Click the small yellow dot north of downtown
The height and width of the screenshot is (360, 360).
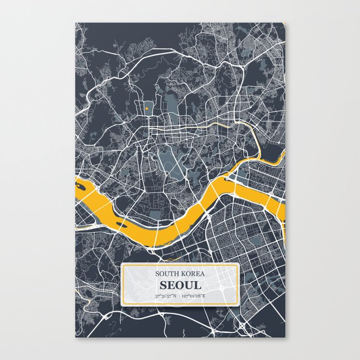pos(147,109)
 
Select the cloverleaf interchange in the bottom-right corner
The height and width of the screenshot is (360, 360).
pos(242,326)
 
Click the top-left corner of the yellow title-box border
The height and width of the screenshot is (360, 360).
pos(122,264)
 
